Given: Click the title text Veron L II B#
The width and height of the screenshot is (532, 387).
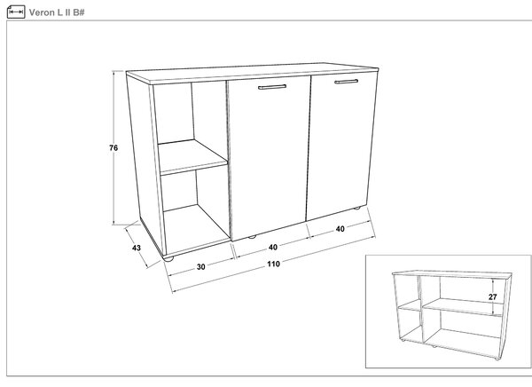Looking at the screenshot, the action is pyautogui.click(x=57, y=12).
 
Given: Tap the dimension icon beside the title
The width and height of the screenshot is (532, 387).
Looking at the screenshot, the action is pyautogui.click(x=16, y=12).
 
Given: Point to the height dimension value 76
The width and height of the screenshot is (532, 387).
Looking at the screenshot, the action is pyautogui.click(x=113, y=148).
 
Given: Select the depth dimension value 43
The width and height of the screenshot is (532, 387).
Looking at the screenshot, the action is pyautogui.click(x=137, y=248).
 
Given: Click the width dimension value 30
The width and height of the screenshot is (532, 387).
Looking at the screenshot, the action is pyautogui.click(x=201, y=267).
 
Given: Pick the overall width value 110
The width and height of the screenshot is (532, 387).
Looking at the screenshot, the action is pyautogui.click(x=273, y=264).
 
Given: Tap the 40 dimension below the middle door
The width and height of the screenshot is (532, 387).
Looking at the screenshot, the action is pyautogui.click(x=273, y=248).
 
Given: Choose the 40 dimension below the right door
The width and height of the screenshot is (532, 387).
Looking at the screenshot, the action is pyautogui.click(x=340, y=229).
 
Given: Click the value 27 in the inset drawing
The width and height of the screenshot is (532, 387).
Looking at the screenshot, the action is pyautogui.click(x=493, y=297).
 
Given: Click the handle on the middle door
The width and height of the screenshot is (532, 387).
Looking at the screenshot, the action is pyautogui.click(x=272, y=87).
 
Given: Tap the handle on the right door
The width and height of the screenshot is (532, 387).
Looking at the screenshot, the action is pyautogui.click(x=346, y=82).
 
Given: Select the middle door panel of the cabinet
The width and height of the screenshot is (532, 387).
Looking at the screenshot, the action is pyautogui.click(x=269, y=157).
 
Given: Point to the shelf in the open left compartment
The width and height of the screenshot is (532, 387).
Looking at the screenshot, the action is pyautogui.click(x=192, y=157).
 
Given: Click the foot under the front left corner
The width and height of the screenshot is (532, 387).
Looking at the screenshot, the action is pyautogui.click(x=168, y=258).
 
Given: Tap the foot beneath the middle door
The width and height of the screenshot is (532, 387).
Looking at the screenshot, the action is pyautogui.click(x=252, y=237).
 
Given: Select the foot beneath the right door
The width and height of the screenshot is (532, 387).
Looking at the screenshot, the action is pyautogui.click(x=356, y=209).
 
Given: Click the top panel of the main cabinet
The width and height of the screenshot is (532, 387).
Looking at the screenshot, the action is pyautogui.click(x=253, y=73).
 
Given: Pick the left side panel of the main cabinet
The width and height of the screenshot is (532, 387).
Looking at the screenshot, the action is pyautogui.click(x=146, y=163).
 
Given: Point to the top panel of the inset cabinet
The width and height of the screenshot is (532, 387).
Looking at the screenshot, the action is pyautogui.click(x=452, y=274).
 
